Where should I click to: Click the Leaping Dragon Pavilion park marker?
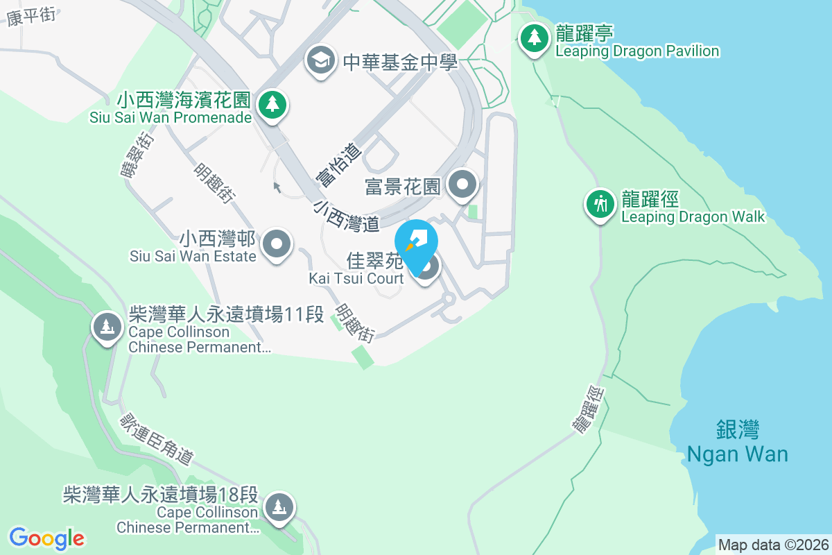pyautogui.click(x=534, y=38)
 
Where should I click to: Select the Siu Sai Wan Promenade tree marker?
pyautogui.click(x=272, y=105)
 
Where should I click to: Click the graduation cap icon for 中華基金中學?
pyautogui.click(x=320, y=60)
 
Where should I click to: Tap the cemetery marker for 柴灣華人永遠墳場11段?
pyautogui.click(x=106, y=325)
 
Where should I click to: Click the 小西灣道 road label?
pyautogui.click(x=346, y=216)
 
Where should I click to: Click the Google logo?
pyautogui.click(x=46, y=538)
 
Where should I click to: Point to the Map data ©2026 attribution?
pyautogui.click(x=773, y=545)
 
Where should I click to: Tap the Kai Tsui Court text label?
pyautogui.click(x=356, y=278)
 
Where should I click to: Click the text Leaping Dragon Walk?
pyautogui.click(x=693, y=217)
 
